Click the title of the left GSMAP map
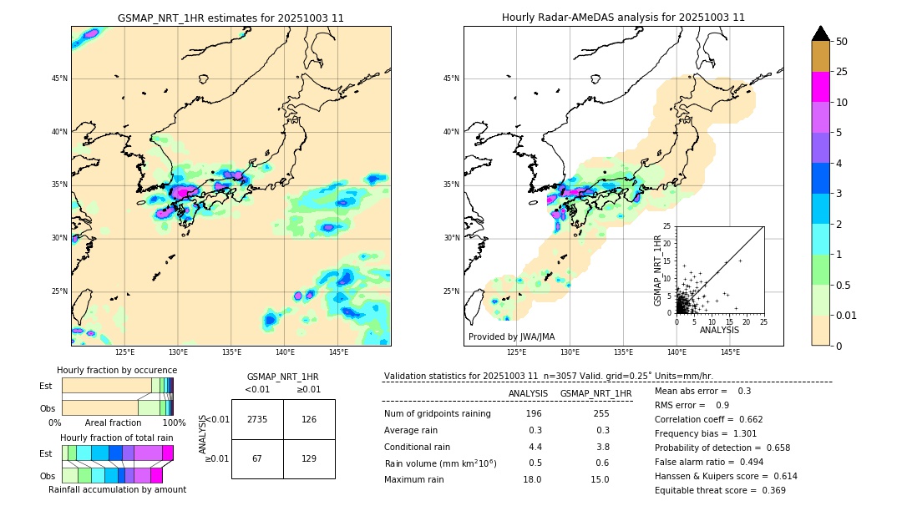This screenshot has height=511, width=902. pos(231,18)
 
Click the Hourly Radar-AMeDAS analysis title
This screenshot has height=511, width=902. pos(623,18)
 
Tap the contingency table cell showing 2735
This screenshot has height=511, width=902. pos(257,419)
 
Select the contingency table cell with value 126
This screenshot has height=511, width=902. pos(309,419)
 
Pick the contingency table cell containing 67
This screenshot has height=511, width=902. pos(257,458)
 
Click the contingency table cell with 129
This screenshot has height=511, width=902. pos(309,458)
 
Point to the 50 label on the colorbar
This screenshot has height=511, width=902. pos(842,42)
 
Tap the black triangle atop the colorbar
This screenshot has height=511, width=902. pos(821,33)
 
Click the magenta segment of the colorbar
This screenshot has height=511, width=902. pos(821,87)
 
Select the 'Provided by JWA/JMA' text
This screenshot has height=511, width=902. pos(511,337)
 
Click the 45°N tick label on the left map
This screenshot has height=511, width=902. pos(59,78)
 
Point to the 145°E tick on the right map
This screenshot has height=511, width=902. pos(730,352)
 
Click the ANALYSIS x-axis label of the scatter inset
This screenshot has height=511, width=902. pos(719,330)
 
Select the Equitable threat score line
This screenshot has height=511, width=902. pos(720,490)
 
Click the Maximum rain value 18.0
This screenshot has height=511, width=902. pos(532,479)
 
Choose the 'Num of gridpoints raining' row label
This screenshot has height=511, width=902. pos(438,414)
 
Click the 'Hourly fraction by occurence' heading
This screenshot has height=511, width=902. pos(117,370)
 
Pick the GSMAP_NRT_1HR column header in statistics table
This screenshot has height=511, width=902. pos(595,393)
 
